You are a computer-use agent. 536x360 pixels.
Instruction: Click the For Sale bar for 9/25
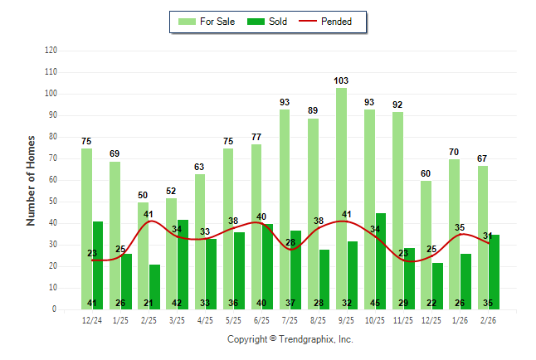coord(341,198)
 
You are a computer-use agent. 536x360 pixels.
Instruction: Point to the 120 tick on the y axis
coord(51,51)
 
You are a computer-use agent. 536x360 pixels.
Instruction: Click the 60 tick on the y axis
coord(53,180)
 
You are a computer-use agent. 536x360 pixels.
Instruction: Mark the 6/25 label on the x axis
coord(262,319)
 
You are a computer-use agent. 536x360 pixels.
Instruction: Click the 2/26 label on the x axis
coord(489,319)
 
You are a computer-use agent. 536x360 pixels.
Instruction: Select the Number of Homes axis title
coord(31,180)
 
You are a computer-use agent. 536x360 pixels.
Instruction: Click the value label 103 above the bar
coord(341,80)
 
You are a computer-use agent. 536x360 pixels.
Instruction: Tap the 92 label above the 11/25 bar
coord(397,105)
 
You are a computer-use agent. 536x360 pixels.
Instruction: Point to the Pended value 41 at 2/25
coord(149,214)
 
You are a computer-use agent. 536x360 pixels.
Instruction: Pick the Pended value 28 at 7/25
coord(290,242)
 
